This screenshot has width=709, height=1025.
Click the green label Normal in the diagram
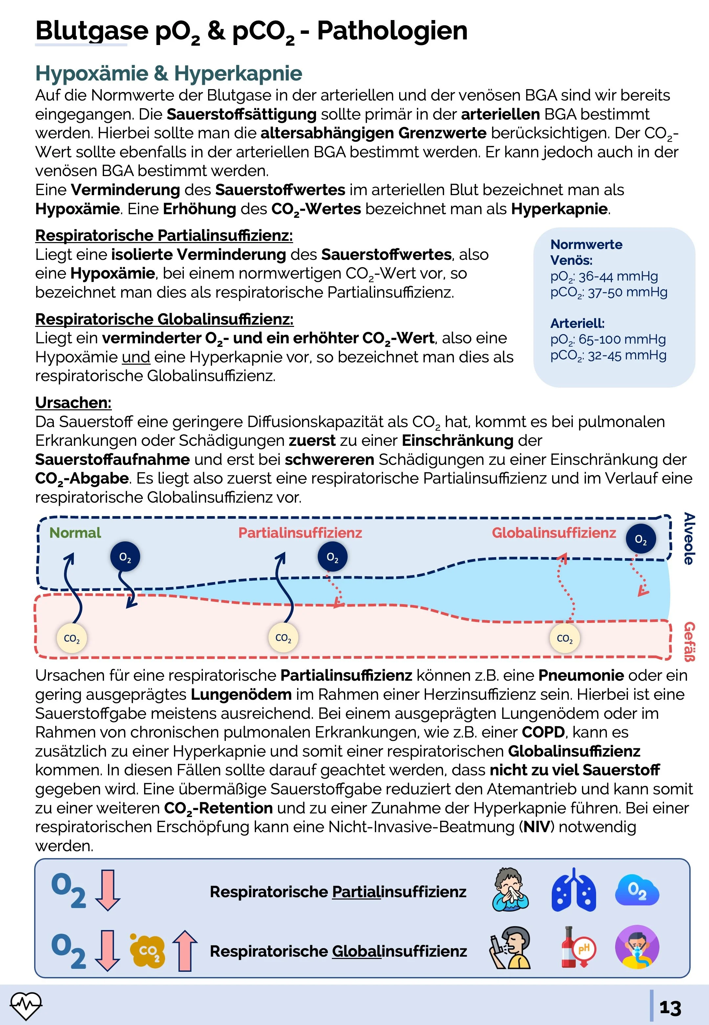tap(75, 533)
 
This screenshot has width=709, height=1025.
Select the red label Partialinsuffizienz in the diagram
tap(300, 533)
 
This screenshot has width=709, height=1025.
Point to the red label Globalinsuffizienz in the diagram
tap(553, 533)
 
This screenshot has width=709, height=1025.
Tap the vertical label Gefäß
tap(689, 641)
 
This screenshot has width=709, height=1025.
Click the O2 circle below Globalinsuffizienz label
tap(641, 539)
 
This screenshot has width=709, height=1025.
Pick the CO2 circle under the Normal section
tap(72, 639)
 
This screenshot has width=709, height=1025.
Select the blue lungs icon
tap(573, 890)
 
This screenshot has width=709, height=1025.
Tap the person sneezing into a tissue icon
tap(510, 890)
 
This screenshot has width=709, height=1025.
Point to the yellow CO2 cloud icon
tap(147, 951)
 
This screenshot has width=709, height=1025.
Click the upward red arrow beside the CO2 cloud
tap(185, 951)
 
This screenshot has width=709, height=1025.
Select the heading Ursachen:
tap(73, 403)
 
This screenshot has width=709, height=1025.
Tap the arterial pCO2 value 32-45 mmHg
tap(627, 355)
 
